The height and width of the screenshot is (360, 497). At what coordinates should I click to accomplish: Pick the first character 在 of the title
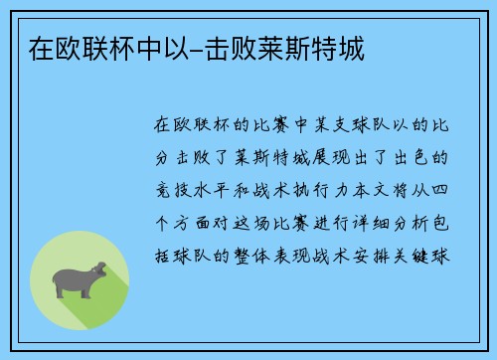click(x=29, y=48)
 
